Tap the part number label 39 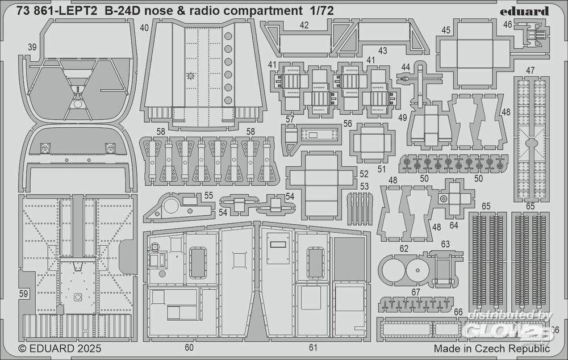click(32, 48)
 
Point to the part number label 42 click(304, 26)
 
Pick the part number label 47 click(530, 71)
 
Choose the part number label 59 click(23, 294)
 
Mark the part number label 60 click(189, 346)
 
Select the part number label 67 click(416, 292)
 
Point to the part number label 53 click(364, 186)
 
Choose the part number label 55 click(208, 194)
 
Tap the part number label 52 click(364, 173)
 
